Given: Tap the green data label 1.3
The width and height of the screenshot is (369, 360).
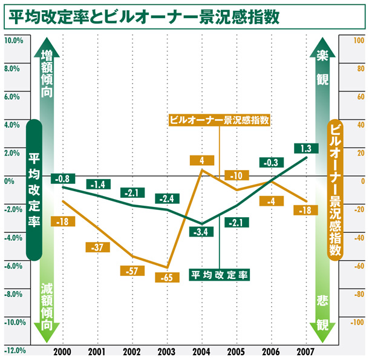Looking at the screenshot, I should (305, 148).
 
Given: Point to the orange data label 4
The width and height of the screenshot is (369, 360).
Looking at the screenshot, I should (201, 161).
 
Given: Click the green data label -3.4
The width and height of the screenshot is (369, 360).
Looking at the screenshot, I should (202, 232).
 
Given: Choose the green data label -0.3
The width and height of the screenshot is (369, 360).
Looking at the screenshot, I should (271, 162).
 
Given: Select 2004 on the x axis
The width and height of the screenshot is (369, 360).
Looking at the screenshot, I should (201, 352).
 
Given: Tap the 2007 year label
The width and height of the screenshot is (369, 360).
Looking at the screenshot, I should (305, 352).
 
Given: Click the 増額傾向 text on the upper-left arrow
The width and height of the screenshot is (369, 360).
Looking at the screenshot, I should (47, 74).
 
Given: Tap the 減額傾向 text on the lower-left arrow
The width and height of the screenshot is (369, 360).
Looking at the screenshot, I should (47, 306).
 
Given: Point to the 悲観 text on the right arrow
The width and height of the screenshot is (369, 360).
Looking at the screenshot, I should (323, 312).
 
